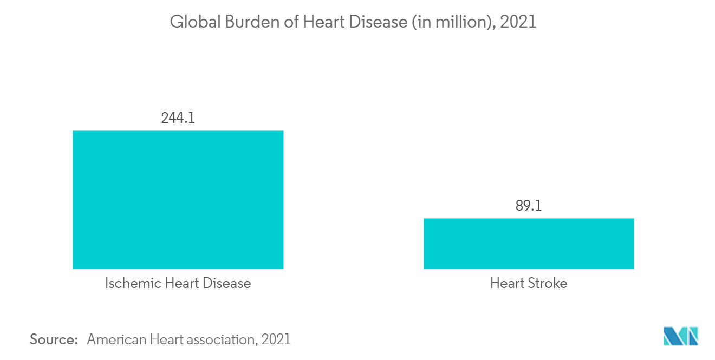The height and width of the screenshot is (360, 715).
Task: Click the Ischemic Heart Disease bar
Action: pyautogui.click(x=178, y=199)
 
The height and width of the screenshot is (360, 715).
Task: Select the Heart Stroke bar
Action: pyautogui.click(x=529, y=243)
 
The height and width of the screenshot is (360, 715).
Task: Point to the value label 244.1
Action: pyautogui.click(x=178, y=117)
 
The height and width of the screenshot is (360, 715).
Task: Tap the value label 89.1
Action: pyautogui.click(x=529, y=206)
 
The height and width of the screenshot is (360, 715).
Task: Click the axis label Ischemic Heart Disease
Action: pyautogui.click(x=178, y=283)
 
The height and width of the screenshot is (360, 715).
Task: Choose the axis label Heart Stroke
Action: pyautogui.click(x=529, y=283)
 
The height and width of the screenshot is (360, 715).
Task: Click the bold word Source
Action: pyautogui.click(x=54, y=340)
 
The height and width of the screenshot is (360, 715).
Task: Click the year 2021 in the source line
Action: pyautogui.click(x=276, y=340)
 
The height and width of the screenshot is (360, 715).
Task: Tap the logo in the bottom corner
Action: pyautogui.click(x=680, y=336)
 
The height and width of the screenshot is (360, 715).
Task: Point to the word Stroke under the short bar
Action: pyautogui.click(x=548, y=283)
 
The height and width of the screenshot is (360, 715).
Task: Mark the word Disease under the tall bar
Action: pyautogui.click(x=226, y=283)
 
